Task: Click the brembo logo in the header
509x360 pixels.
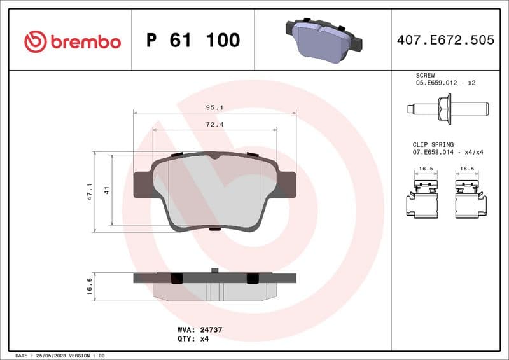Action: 72,41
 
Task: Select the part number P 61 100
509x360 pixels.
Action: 193,41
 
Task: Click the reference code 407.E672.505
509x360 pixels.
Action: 445,41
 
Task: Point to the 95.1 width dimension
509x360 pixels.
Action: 214,107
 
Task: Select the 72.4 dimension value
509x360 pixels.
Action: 214,124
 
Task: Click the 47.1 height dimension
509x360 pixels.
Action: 90,192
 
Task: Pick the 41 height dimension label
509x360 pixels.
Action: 107,190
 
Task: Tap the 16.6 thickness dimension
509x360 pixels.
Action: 90,286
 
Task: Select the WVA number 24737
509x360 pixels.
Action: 209,330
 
